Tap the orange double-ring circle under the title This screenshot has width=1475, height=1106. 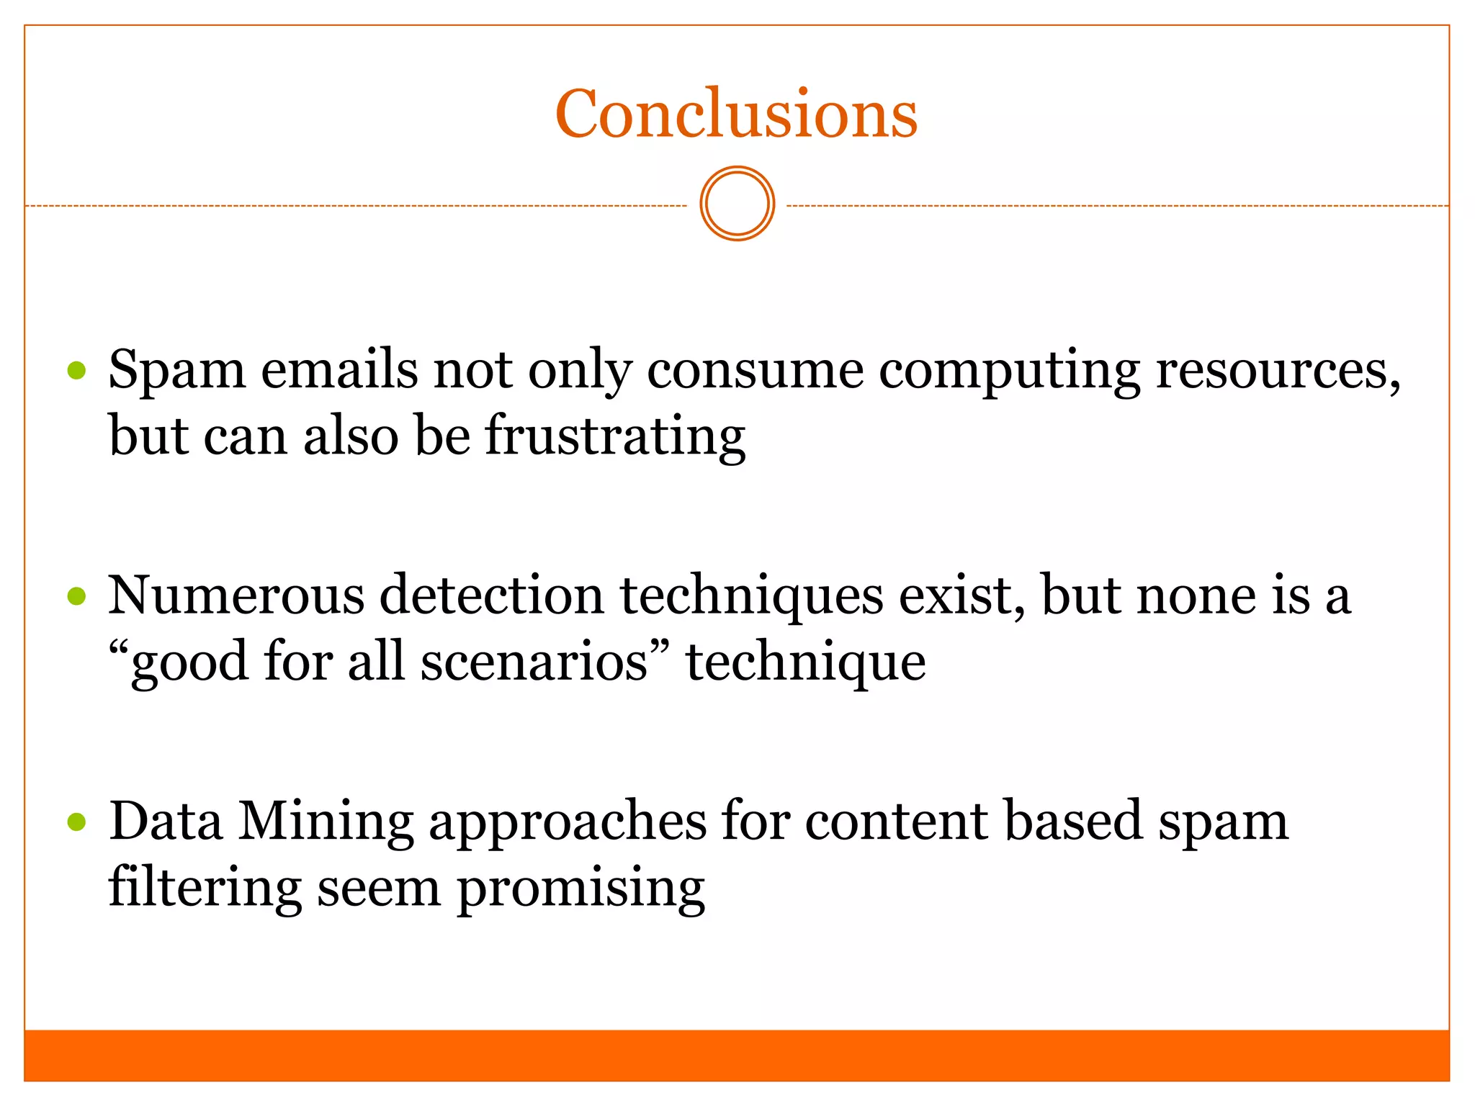(x=737, y=204)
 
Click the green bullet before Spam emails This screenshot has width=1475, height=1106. (x=76, y=371)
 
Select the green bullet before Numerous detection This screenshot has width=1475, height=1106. (x=76, y=596)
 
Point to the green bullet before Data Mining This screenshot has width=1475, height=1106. (x=76, y=822)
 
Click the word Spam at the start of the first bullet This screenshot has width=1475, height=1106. (x=176, y=371)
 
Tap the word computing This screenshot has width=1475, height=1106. (x=1009, y=371)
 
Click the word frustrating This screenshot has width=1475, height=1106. (x=615, y=437)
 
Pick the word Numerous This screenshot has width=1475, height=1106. (x=236, y=596)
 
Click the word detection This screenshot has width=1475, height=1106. (x=492, y=596)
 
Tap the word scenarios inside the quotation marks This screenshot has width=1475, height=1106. (x=534, y=662)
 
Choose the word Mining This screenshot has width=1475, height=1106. (x=326, y=822)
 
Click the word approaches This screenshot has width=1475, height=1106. (x=568, y=822)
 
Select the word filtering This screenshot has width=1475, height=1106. (x=205, y=888)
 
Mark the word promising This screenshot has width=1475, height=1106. (x=580, y=888)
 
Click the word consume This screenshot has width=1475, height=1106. (x=755, y=371)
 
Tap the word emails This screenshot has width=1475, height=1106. (x=339, y=371)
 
